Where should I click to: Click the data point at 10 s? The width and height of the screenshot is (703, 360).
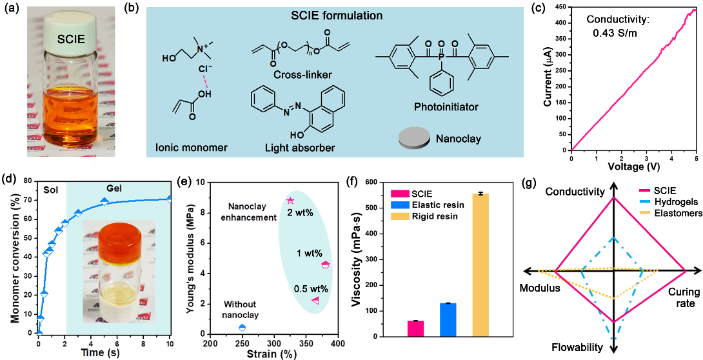170,199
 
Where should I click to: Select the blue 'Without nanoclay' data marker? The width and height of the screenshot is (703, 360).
242,328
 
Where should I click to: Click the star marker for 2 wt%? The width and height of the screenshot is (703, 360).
290,201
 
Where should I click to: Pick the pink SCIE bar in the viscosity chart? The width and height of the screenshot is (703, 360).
416,328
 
